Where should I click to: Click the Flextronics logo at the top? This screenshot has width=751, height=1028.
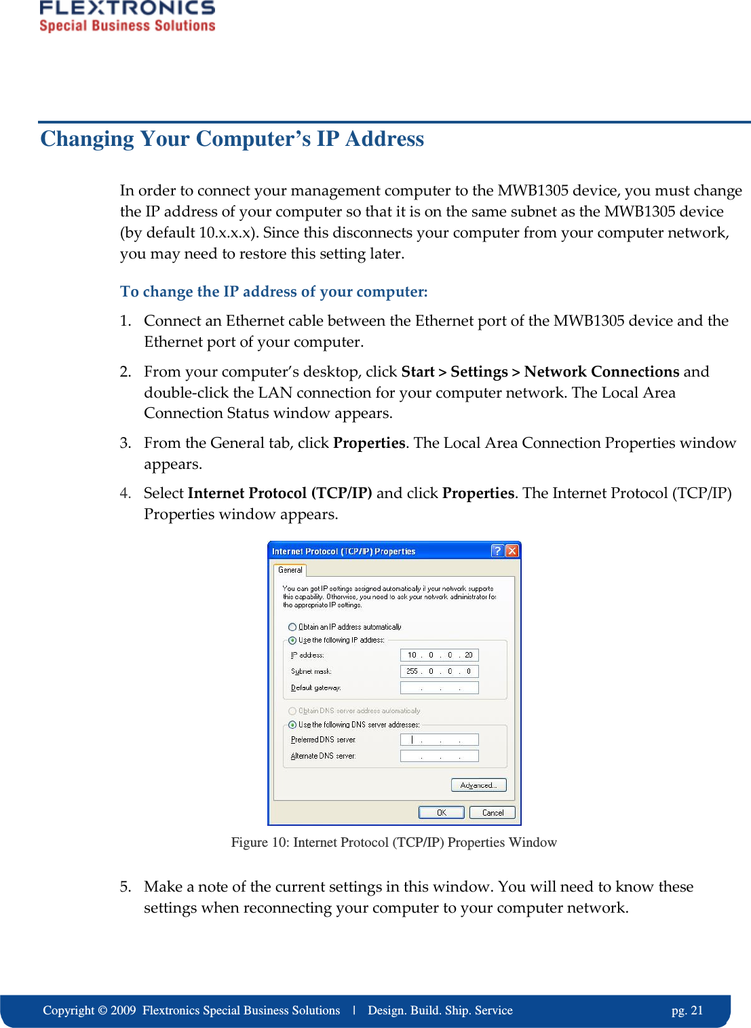click(127, 16)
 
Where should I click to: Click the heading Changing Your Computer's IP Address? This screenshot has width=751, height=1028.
click(232, 138)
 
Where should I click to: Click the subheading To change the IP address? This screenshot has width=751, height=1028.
click(273, 292)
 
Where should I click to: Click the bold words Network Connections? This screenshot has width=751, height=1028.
click(601, 372)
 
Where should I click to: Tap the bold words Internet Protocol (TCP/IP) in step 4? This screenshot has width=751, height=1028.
click(280, 493)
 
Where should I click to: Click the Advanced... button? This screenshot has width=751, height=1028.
click(478, 785)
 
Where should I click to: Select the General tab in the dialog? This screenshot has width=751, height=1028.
click(290, 570)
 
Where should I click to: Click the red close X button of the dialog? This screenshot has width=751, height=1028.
click(512, 551)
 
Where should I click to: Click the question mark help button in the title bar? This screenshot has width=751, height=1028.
click(497, 551)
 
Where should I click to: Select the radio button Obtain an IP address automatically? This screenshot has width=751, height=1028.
click(292, 627)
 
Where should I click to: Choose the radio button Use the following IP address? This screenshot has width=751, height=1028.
click(292, 640)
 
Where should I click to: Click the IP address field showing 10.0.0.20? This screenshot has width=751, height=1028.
click(439, 655)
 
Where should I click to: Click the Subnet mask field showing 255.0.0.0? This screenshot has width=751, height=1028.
click(439, 671)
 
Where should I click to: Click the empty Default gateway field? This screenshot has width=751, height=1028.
click(439, 687)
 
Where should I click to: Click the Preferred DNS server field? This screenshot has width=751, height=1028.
click(439, 740)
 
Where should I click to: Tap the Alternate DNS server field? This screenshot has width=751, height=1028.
click(439, 756)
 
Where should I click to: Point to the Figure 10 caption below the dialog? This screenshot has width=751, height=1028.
click(393, 843)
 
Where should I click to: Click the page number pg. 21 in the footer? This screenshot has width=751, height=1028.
click(687, 1010)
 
